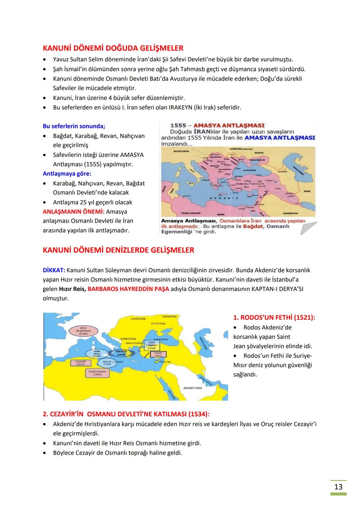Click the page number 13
(338, 487)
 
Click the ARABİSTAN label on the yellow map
(192, 388)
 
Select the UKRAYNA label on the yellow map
(169, 316)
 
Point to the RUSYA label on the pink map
(259, 153)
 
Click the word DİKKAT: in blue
(54, 270)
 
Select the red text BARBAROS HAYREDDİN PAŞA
(128, 289)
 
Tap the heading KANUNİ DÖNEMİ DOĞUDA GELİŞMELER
(113, 48)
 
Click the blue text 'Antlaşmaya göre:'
(67, 174)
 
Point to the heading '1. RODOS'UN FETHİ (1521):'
(274, 317)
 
